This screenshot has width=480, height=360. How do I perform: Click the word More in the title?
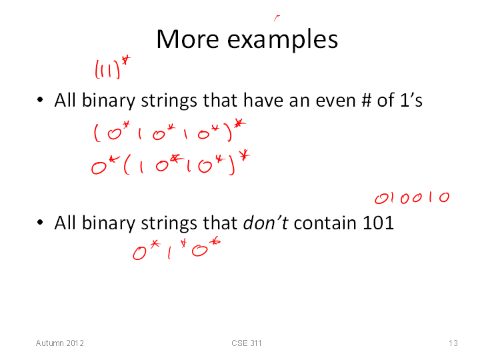(x=187, y=39)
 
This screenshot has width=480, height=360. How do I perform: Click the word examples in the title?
(x=283, y=40)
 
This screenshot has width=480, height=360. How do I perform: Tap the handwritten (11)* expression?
(x=113, y=67)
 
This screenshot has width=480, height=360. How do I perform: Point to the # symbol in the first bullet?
(x=366, y=100)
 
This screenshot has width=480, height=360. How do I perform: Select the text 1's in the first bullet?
(x=411, y=100)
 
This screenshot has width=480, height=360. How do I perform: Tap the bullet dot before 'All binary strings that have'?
(x=40, y=100)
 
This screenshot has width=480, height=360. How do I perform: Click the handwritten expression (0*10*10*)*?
(x=169, y=131)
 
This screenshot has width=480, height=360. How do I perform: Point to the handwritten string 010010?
(x=412, y=198)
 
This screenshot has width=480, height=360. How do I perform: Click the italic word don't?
(x=265, y=223)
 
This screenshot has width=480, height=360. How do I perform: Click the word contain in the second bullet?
(x=325, y=223)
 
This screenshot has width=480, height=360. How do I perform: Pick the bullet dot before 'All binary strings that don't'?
(x=40, y=222)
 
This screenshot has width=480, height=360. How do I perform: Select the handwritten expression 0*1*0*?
(x=177, y=249)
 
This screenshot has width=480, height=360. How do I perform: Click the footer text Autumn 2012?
(x=60, y=343)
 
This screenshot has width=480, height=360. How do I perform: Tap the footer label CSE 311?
(x=247, y=343)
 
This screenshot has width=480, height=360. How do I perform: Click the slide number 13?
(x=453, y=343)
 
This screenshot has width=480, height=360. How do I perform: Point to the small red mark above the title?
(x=277, y=18)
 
